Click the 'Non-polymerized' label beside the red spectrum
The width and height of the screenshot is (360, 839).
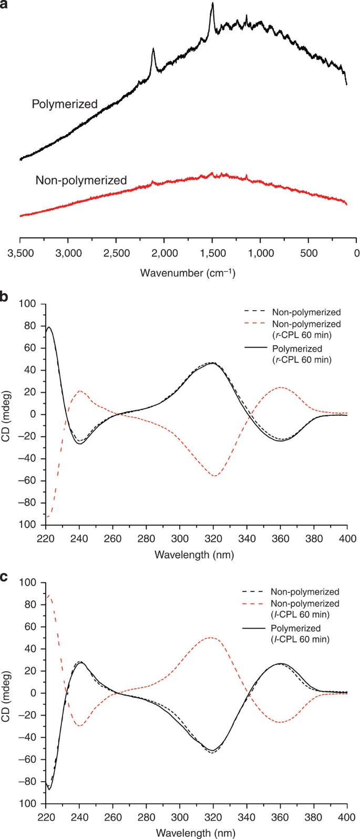81,180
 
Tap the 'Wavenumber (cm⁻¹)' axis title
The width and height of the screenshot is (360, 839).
188,273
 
